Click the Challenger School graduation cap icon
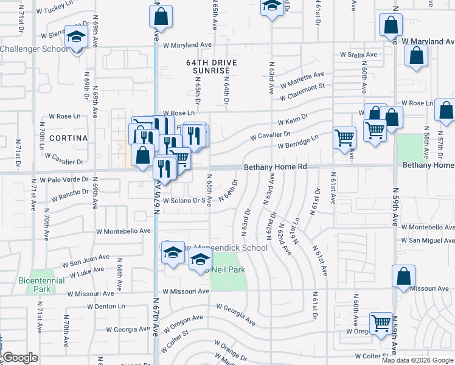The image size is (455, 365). [x=77, y=38]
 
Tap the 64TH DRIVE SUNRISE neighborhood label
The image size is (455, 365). [x=210, y=66]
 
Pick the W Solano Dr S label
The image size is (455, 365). [x=182, y=200]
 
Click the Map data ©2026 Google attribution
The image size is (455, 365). [x=417, y=360]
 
